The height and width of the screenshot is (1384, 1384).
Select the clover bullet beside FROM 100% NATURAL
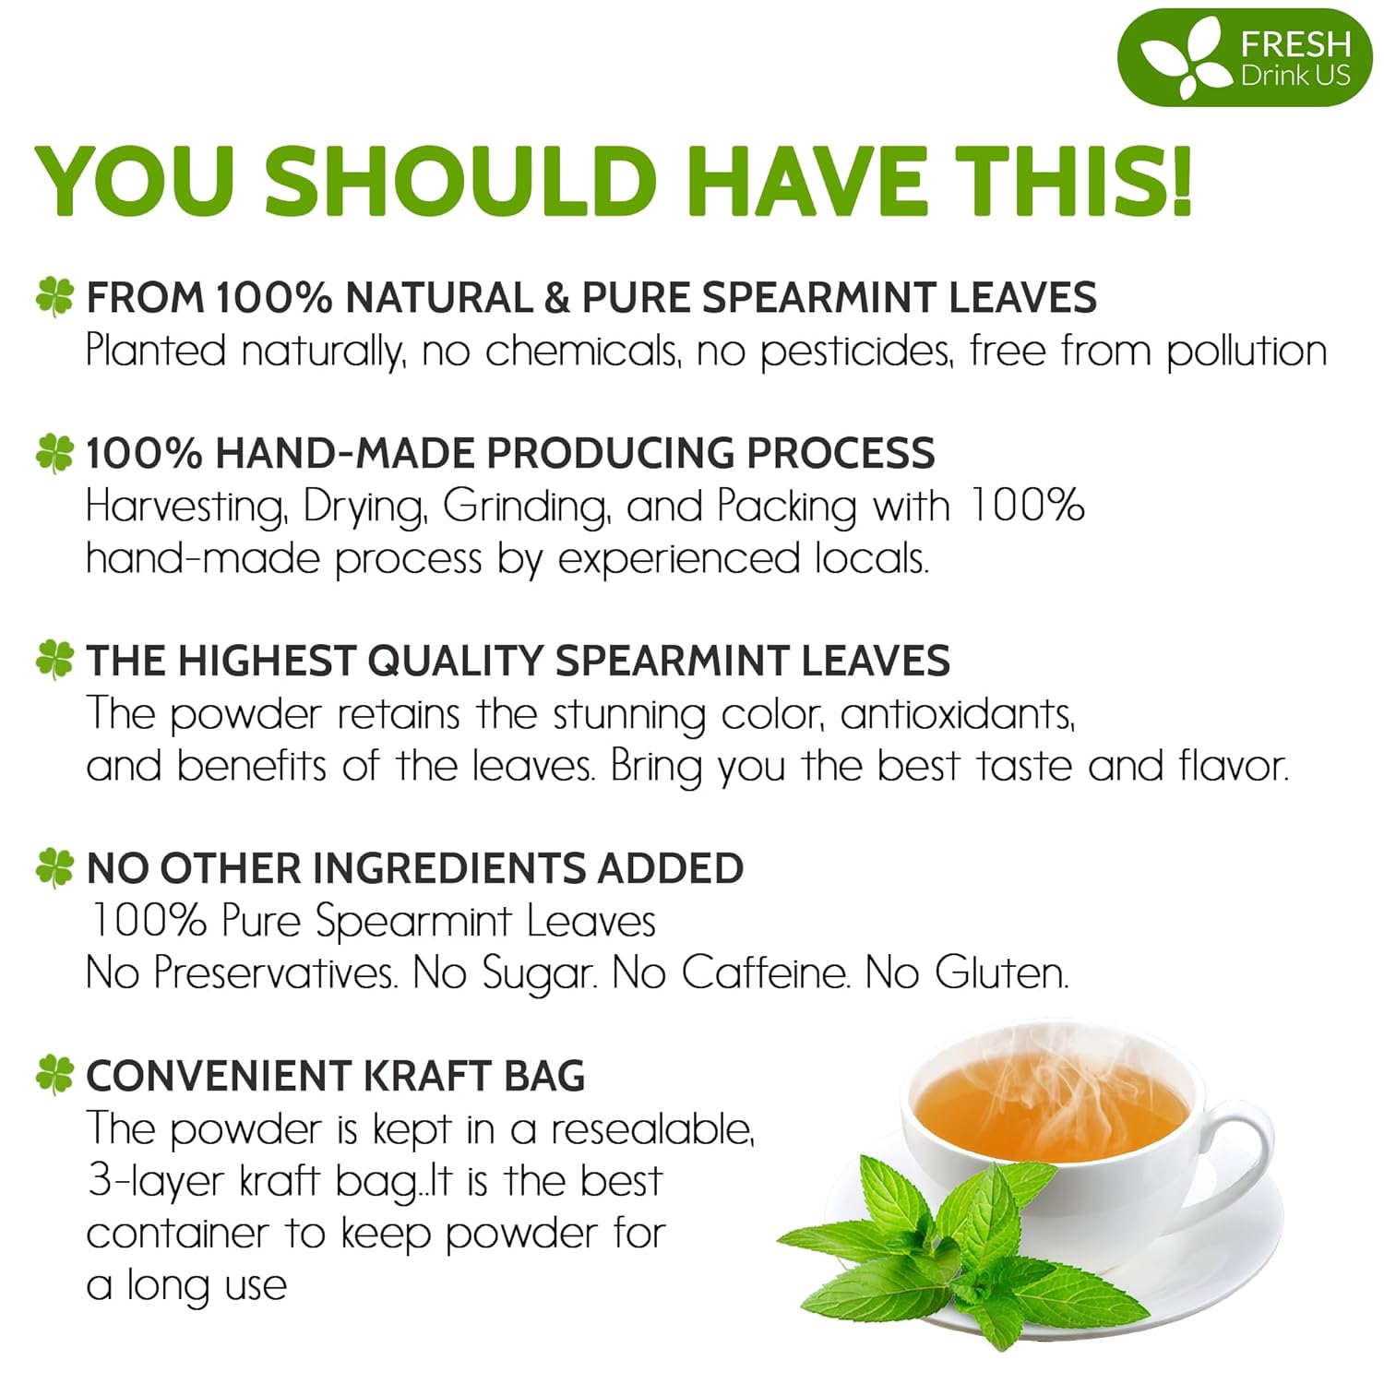pos(54,297)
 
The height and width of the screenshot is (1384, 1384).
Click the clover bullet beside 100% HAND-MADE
pos(54,453)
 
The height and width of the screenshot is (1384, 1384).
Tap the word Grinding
pos(526,507)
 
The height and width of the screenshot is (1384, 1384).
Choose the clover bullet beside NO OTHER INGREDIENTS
pos(54,868)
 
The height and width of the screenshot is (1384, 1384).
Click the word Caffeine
pos(765,972)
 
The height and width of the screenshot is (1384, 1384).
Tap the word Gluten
pos(1001,972)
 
